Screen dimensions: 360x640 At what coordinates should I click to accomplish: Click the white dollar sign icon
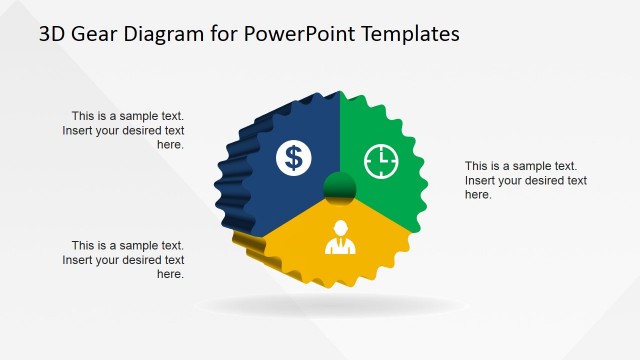click(293, 156)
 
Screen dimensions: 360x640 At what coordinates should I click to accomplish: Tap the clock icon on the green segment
click(380, 159)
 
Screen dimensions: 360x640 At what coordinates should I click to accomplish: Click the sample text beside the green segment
click(525, 180)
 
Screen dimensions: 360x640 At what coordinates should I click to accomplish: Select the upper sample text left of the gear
click(125, 130)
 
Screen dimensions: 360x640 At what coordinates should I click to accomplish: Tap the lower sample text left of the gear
click(125, 259)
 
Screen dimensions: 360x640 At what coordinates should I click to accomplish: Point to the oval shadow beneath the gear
click(330, 306)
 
